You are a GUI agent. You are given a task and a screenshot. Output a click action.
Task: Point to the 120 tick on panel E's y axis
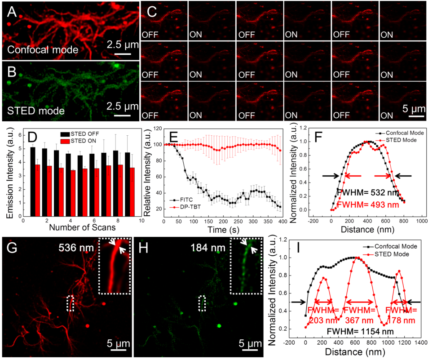157,128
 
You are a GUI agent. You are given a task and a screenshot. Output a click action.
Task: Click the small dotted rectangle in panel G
71,303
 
